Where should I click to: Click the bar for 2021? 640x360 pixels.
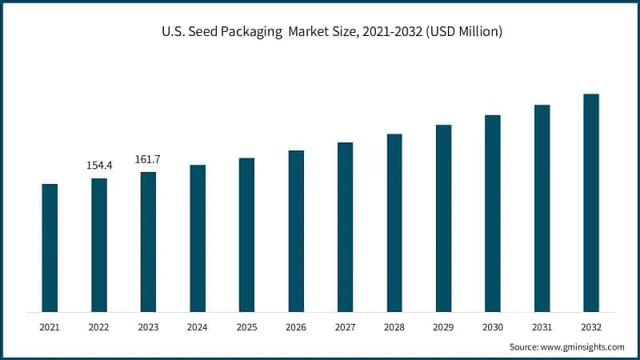click(x=50, y=248)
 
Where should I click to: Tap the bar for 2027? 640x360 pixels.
click(x=345, y=227)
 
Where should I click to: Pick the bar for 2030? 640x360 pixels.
click(x=493, y=214)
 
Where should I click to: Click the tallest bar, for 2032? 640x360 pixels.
click(x=591, y=203)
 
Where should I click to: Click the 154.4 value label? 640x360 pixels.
click(x=99, y=166)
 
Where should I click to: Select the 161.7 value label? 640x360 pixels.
click(x=148, y=159)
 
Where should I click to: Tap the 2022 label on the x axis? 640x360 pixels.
click(x=99, y=327)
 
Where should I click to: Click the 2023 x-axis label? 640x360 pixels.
click(x=148, y=327)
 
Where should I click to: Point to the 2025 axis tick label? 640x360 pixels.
click(x=246, y=327)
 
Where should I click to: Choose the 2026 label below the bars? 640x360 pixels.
click(x=296, y=327)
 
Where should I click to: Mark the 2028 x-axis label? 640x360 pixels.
click(x=394, y=327)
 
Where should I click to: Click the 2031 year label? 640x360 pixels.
click(x=542, y=327)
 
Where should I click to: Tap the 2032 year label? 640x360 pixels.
click(x=591, y=327)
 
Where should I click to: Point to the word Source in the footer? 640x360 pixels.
click(x=524, y=347)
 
